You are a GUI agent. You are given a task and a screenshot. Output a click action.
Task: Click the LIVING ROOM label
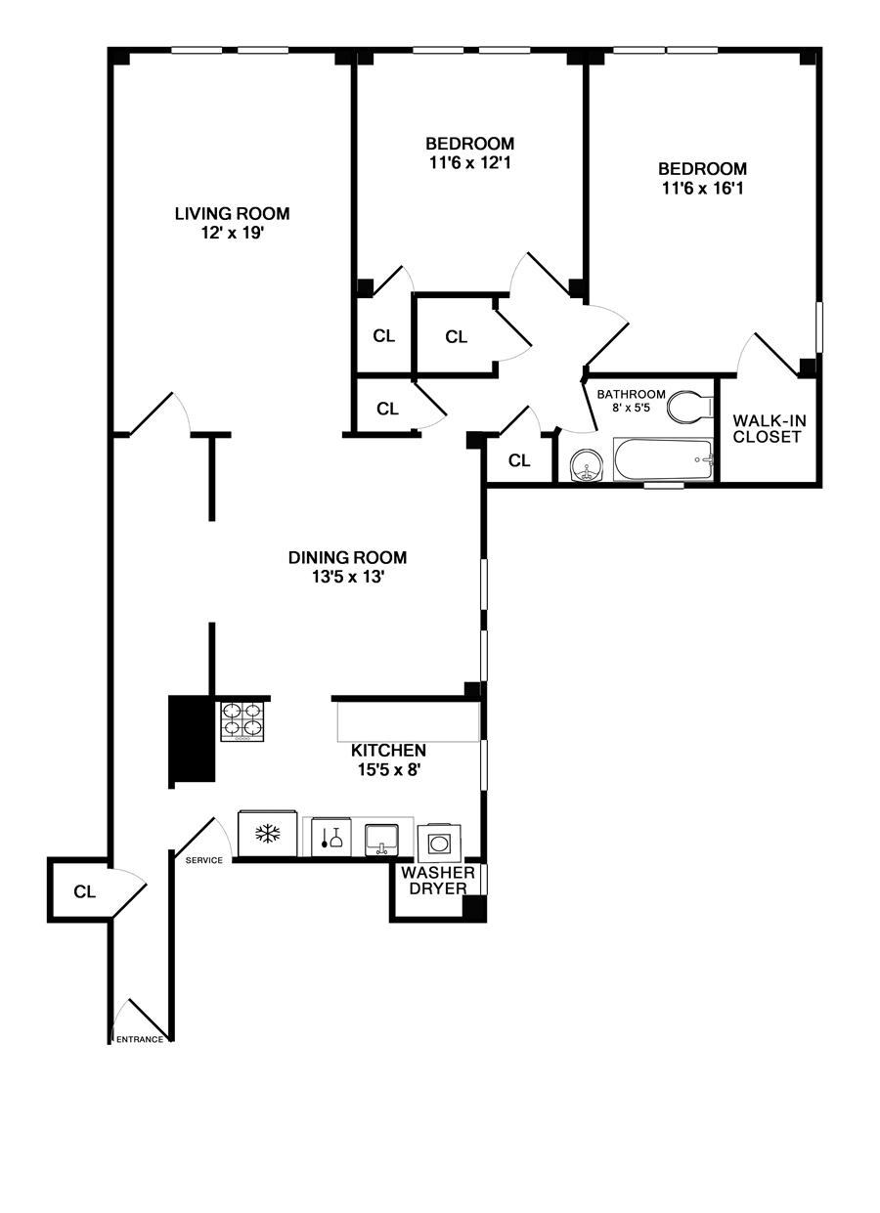(232, 213)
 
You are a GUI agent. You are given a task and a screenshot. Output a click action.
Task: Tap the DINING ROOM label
(347, 557)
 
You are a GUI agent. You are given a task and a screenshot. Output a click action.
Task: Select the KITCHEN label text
(388, 750)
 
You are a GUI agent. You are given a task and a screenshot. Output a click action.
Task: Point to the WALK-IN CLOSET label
(770, 428)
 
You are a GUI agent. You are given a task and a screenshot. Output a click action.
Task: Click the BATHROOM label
(632, 394)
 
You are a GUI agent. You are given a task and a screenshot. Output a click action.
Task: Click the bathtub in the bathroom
(663, 459)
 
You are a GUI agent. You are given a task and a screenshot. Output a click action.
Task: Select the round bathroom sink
(587, 465)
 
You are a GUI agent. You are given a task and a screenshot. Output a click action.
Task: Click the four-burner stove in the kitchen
(242, 721)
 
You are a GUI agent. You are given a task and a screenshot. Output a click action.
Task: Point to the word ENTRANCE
(140, 1039)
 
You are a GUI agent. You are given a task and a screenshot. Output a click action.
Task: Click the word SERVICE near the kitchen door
(203, 860)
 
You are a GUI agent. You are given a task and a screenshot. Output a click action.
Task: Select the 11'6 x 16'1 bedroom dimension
(702, 189)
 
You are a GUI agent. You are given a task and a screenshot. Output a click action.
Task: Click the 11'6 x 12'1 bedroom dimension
(470, 163)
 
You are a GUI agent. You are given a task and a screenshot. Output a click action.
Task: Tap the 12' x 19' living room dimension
(232, 233)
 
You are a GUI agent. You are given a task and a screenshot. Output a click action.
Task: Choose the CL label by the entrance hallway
(84, 890)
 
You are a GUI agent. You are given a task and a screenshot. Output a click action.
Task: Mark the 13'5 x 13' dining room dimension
(347, 578)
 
